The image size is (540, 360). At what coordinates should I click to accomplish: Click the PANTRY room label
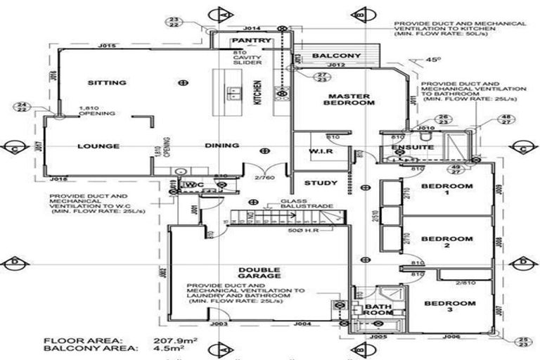(x=251, y=41)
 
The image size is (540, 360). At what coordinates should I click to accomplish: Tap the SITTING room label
(x=107, y=83)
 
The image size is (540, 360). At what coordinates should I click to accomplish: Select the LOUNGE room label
(x=97, y=146)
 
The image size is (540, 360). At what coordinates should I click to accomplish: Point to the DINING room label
(x=222, y=146)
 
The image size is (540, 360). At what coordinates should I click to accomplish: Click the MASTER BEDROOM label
(x=349, y=99)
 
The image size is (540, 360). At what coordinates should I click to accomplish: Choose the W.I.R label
(x=320, y=152)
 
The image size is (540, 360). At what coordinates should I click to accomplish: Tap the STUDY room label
(x=321, y=184)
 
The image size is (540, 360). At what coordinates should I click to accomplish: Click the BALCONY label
(x=336, y=56)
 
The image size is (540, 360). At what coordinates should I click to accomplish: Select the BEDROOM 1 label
(x=446, y=191)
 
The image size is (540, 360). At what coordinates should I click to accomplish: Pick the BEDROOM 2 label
(x=446, y=243)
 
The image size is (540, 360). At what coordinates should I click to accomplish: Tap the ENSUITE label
(x=398, y=148)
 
